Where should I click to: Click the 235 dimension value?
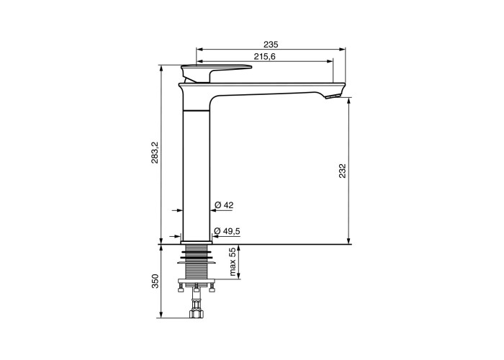click(x=271, y=44)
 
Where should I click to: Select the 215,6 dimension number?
click(x=264, y=57)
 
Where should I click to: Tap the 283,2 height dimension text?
click(x=155, y=152)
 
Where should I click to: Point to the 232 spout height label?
click(x=342, y=171)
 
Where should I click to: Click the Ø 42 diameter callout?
click(x=224, y=205)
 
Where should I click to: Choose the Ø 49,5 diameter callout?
click(x=227, y=231)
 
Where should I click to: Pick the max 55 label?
click(x=233, y=262)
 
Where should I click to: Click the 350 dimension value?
click(x=155, y=282)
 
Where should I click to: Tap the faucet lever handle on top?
click(x=216, y=71)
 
